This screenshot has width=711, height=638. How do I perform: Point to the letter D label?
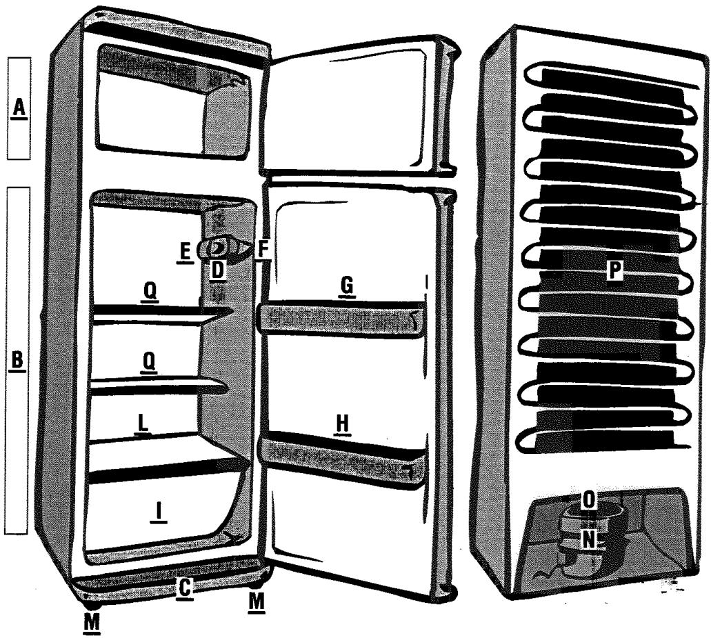click(218, 270)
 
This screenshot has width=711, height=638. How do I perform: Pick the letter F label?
click(263, 250)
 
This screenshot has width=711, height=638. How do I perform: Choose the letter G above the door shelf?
click(346, 286)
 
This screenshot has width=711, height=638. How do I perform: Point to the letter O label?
click(588, 500)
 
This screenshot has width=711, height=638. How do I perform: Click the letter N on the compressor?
click(588, 540)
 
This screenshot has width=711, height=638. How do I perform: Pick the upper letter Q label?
click(150, 290)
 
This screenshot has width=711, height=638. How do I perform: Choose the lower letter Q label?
click(149, 362)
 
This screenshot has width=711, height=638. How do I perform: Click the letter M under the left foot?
click(92, 623)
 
